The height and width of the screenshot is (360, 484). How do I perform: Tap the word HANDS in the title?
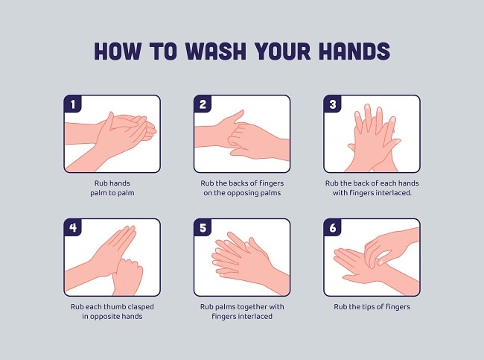(x=354, y=51)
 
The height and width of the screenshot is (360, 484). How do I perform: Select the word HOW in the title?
(x=118, y=51)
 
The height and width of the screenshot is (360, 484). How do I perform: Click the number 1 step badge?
(x=72, y=104)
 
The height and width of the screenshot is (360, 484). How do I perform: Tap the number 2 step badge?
(x=203, y=104)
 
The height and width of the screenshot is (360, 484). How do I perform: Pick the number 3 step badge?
(x=332, y=104)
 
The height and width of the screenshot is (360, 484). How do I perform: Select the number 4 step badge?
(x=72, y=227)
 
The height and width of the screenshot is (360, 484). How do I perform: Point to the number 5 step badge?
(x=203, y=227)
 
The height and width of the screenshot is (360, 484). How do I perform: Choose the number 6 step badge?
(x=332, y=227)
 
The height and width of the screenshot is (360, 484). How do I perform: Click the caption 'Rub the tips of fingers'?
(x=372, y=307)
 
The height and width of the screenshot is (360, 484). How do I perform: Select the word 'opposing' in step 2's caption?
(x=242, y=194)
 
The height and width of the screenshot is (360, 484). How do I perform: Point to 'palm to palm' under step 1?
(x=112, y=194)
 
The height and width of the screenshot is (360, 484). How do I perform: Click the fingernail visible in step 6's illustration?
(x=381, y=262)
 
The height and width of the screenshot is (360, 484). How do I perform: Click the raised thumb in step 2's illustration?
(x=237, y=116)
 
